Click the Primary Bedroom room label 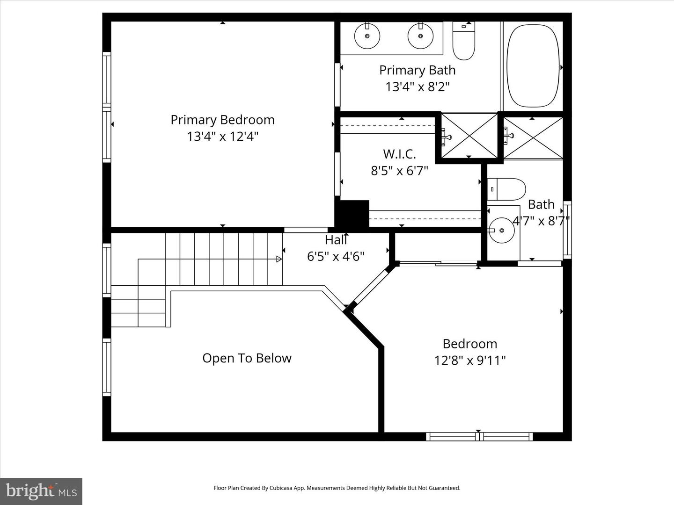point(222,120)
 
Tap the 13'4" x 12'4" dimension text point(222,137)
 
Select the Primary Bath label point(417,70)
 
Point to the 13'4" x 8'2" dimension point(417,87)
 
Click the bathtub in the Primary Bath point(534,65)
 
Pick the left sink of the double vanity point(367,36)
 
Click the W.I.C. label point(399,154)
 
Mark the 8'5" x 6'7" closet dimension point(399,171)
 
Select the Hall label point(336,240)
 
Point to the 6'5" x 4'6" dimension point(336,256)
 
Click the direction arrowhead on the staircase point(279,259)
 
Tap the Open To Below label point(247,358)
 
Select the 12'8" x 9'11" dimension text point(469,361)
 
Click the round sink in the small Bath point(501,230)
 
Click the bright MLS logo point(41,491)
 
